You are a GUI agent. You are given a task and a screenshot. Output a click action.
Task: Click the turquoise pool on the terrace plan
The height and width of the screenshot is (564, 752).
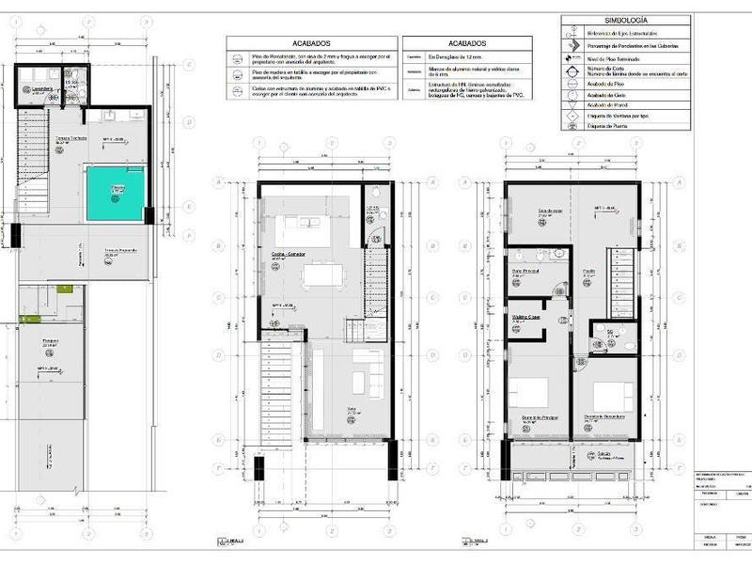pyautogui.click(x=116, y=194)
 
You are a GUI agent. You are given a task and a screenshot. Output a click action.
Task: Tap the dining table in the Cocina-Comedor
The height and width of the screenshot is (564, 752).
pyautogui.click(x=323, y=274)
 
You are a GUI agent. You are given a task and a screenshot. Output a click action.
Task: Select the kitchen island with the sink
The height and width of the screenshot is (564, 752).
pyautogui.click(x=304, y=227)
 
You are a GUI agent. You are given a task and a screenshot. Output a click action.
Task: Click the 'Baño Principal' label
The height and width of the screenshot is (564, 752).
pyautogui.click(x=525, y=271)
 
